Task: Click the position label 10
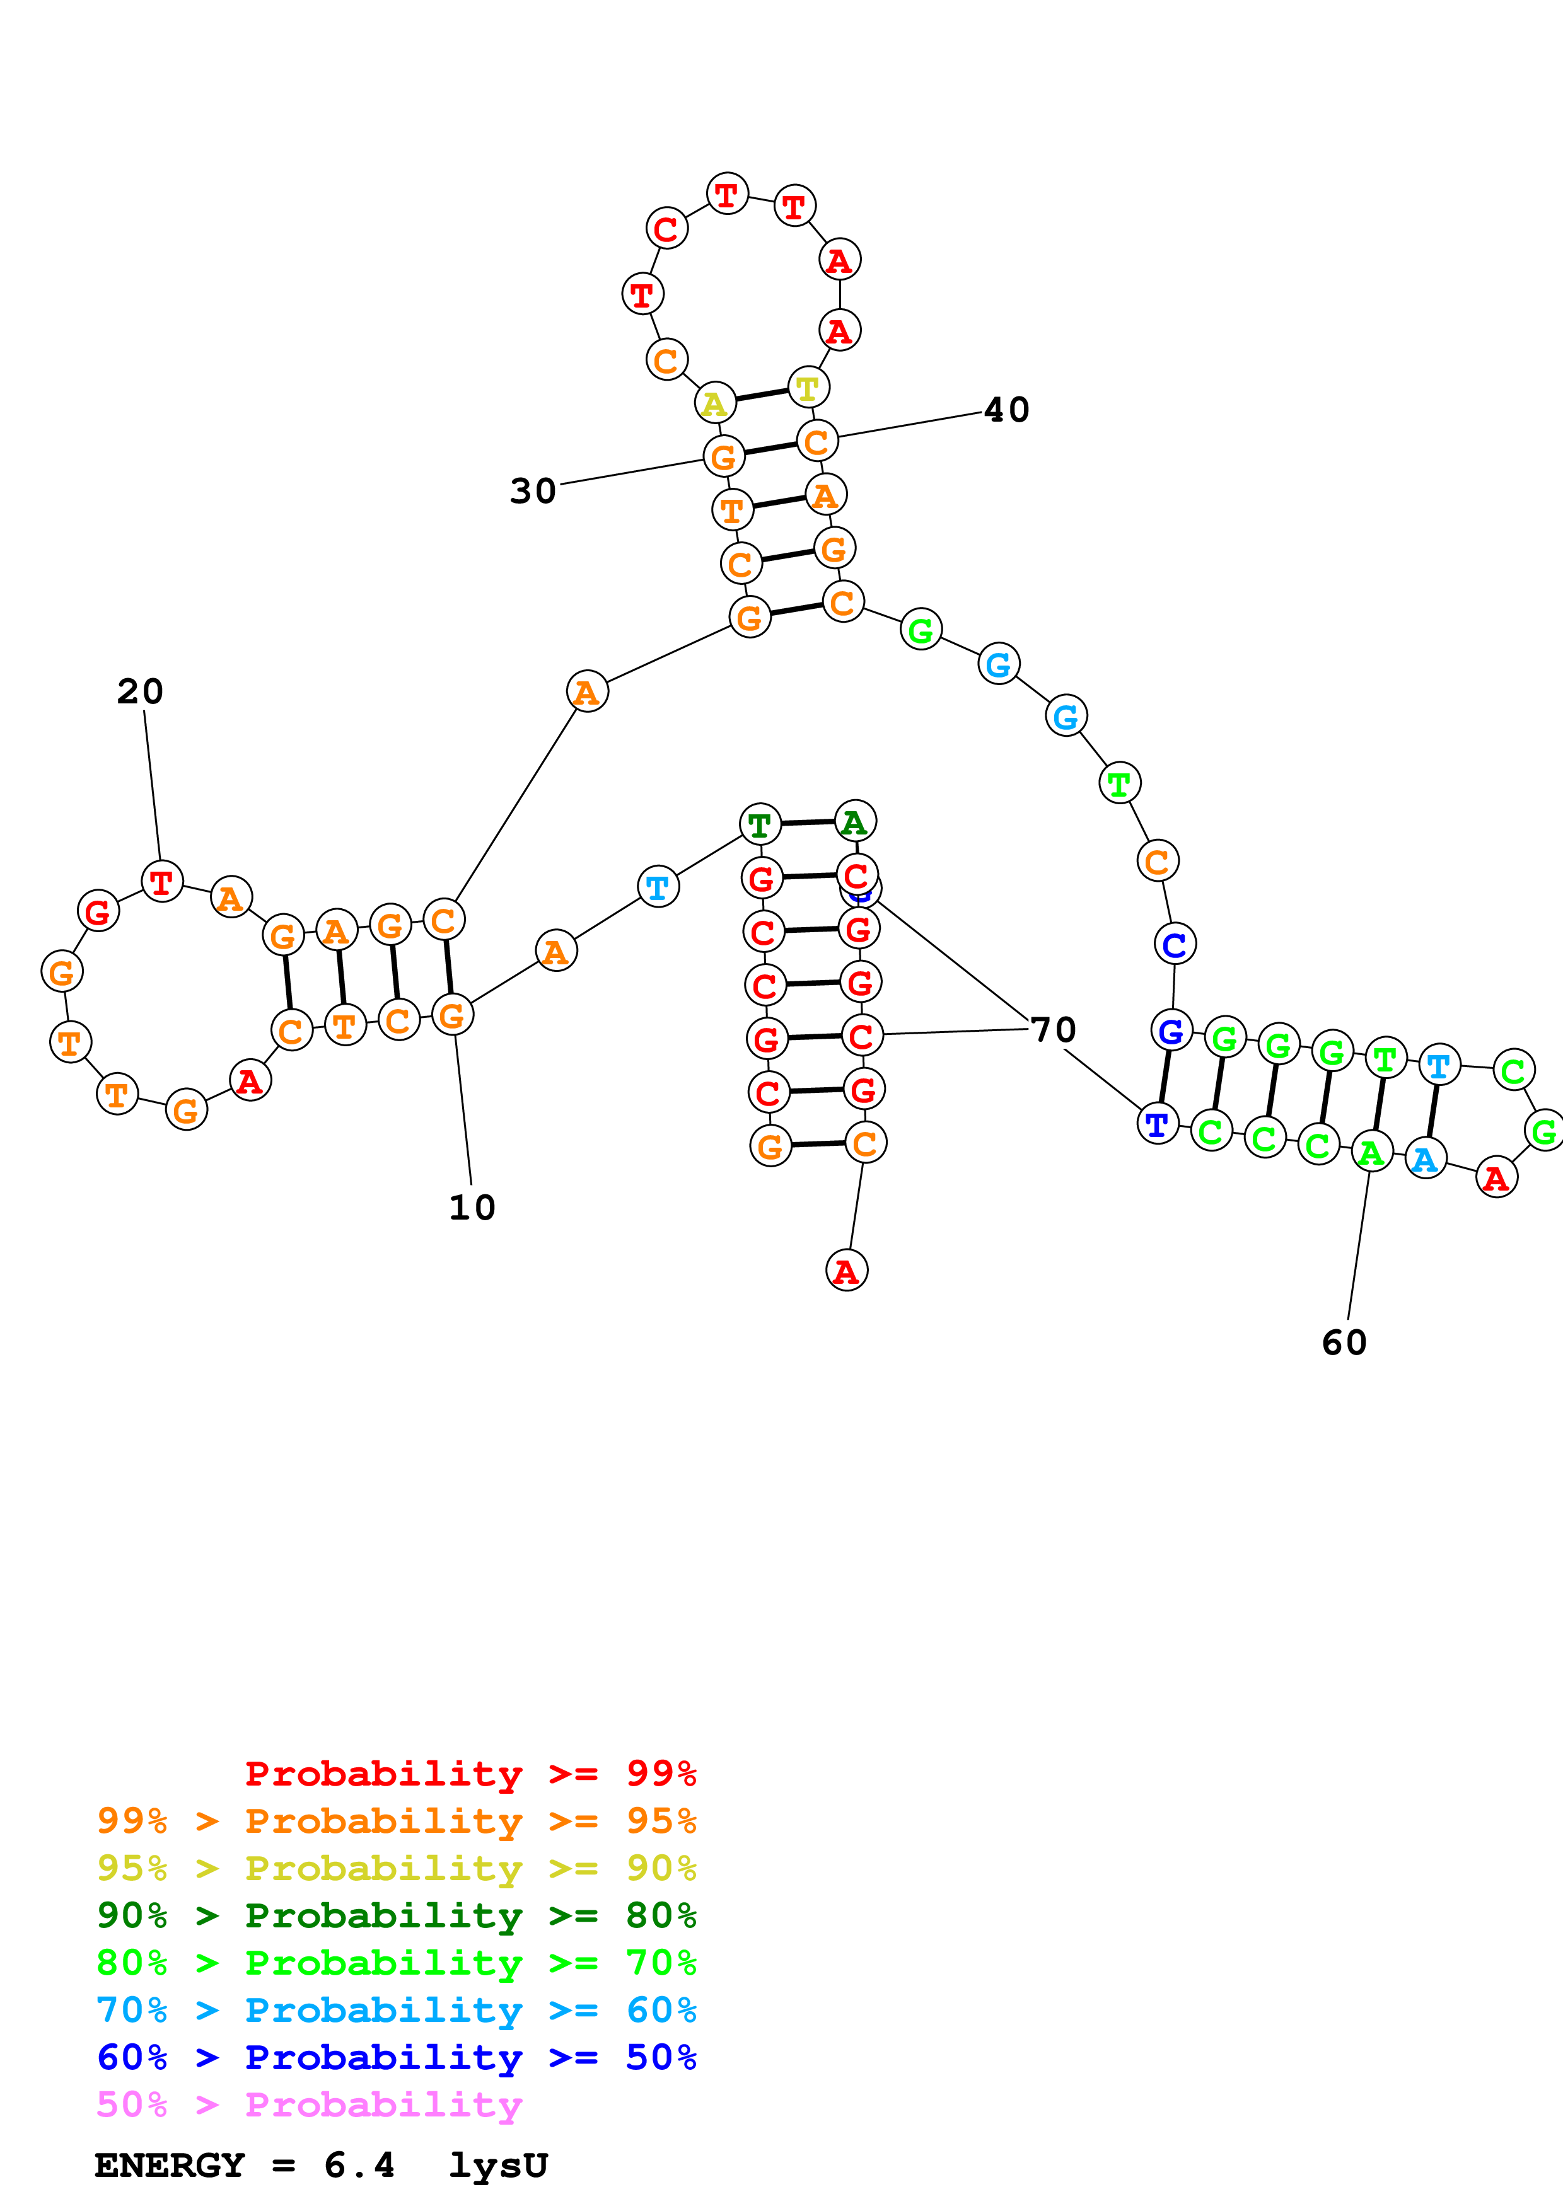[472, 1208]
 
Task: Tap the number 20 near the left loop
[141, 691]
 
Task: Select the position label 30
[533, 491]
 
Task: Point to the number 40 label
[1006, 410]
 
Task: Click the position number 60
[1344, 1342]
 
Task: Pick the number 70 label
[1052, 1029]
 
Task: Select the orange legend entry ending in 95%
[396, 1821]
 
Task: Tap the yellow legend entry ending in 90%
[396, 1868]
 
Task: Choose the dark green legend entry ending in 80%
[396, 1915]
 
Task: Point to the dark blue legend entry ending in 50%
[396, 2057]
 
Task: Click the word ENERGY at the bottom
[170, 2166]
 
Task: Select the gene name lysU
[498, 2166]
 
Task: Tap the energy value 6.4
[359, 2166]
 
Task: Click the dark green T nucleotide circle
[760, 824]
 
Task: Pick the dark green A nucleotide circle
[854, 821]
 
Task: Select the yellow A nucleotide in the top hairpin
[714, 403]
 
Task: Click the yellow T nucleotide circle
[808, 387]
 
